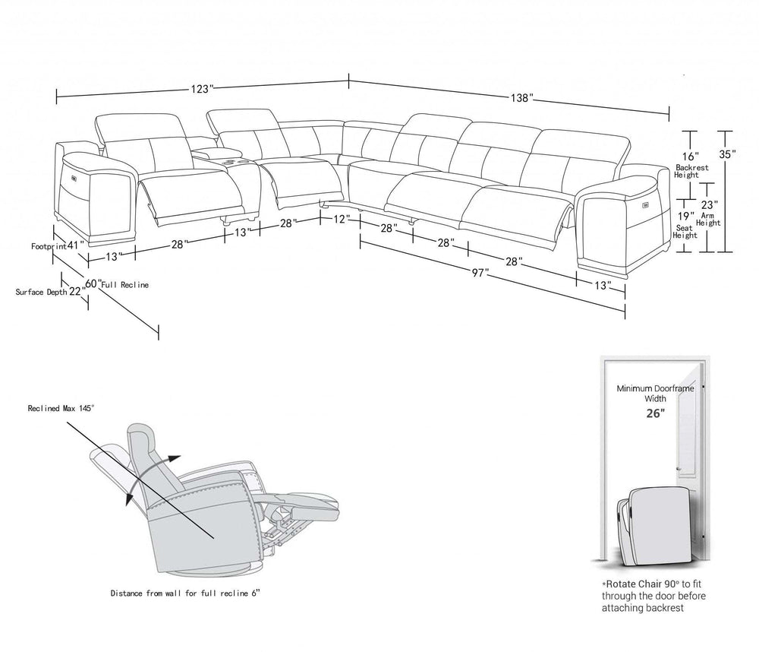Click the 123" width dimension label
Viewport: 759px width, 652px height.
click(x=201, y=89)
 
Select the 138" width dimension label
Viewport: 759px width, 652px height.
click(x=521, y=98)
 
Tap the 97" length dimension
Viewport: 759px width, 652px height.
click(x=477, y=273)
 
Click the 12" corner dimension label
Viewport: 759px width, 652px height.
click(x=342, y=219)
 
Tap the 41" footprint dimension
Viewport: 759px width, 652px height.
click(x=74, y=245)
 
